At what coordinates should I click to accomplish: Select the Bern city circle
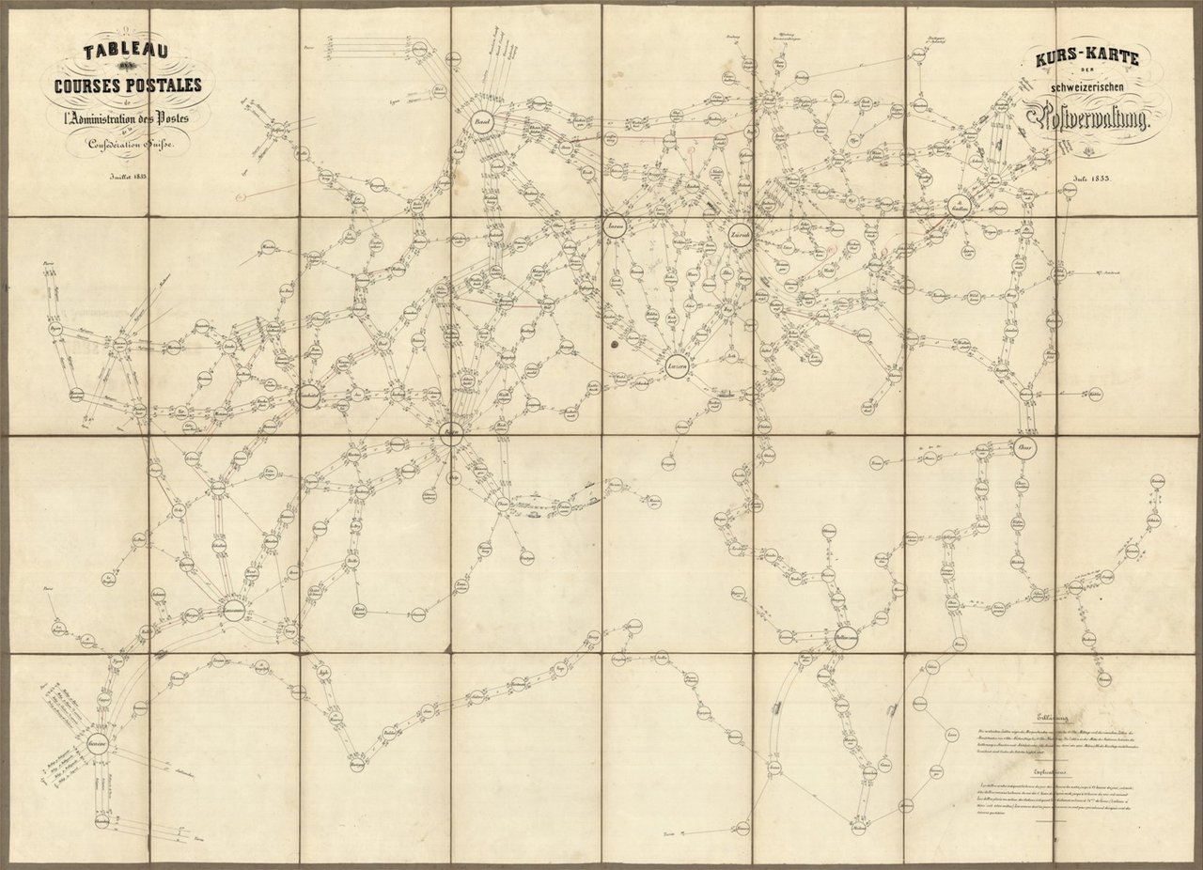(x=452, y=433)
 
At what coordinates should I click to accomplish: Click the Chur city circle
(x=1024, y=446)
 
